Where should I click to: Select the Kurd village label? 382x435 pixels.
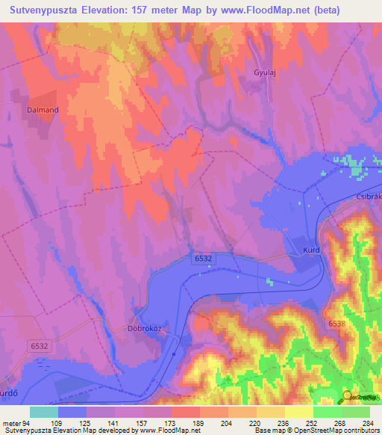pos(312,251)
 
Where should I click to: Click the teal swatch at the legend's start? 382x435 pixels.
pos(44,412)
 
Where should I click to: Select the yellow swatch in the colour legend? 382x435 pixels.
pos(299,412)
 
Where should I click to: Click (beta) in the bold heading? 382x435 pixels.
pos(353,10)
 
